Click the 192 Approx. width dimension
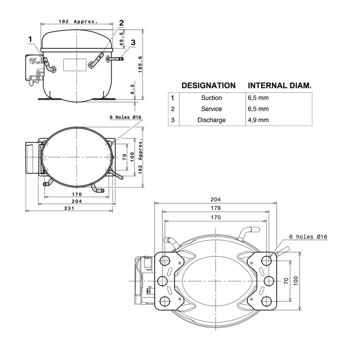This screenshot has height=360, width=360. [x=78, y=22]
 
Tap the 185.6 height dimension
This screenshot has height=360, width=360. [x=140, y=65]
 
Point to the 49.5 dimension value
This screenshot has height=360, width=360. [x=121, y=39]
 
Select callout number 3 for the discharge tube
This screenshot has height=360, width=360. [x=133, y=42]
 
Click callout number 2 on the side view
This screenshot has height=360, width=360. [x=121, y=23]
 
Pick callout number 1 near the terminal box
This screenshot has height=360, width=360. [x=30, y=40]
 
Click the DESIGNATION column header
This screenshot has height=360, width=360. [x=208, y=85]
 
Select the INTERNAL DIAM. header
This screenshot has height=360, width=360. [x=279, y=85]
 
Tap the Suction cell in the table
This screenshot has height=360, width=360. [x=211, y=98]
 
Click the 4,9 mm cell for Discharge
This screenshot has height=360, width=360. [x=258, y=120]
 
